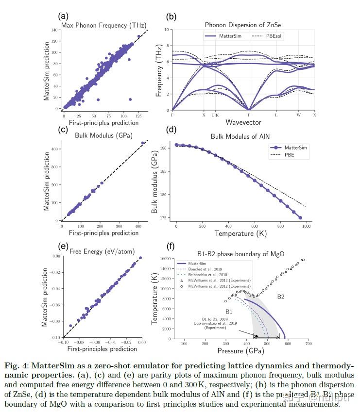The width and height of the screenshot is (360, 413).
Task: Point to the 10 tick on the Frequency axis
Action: click(x=167, y=30)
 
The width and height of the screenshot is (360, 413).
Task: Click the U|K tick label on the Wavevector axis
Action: click(x=216, y=115)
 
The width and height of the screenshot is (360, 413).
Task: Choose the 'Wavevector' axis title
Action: click(x=243, y=123)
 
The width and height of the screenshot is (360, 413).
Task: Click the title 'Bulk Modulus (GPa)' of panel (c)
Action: click(x=103, y=135)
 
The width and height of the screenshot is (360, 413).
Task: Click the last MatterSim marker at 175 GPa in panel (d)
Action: click(x=300, y=218)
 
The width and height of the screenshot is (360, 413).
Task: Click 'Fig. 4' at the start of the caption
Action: click(x=16, y=365)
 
